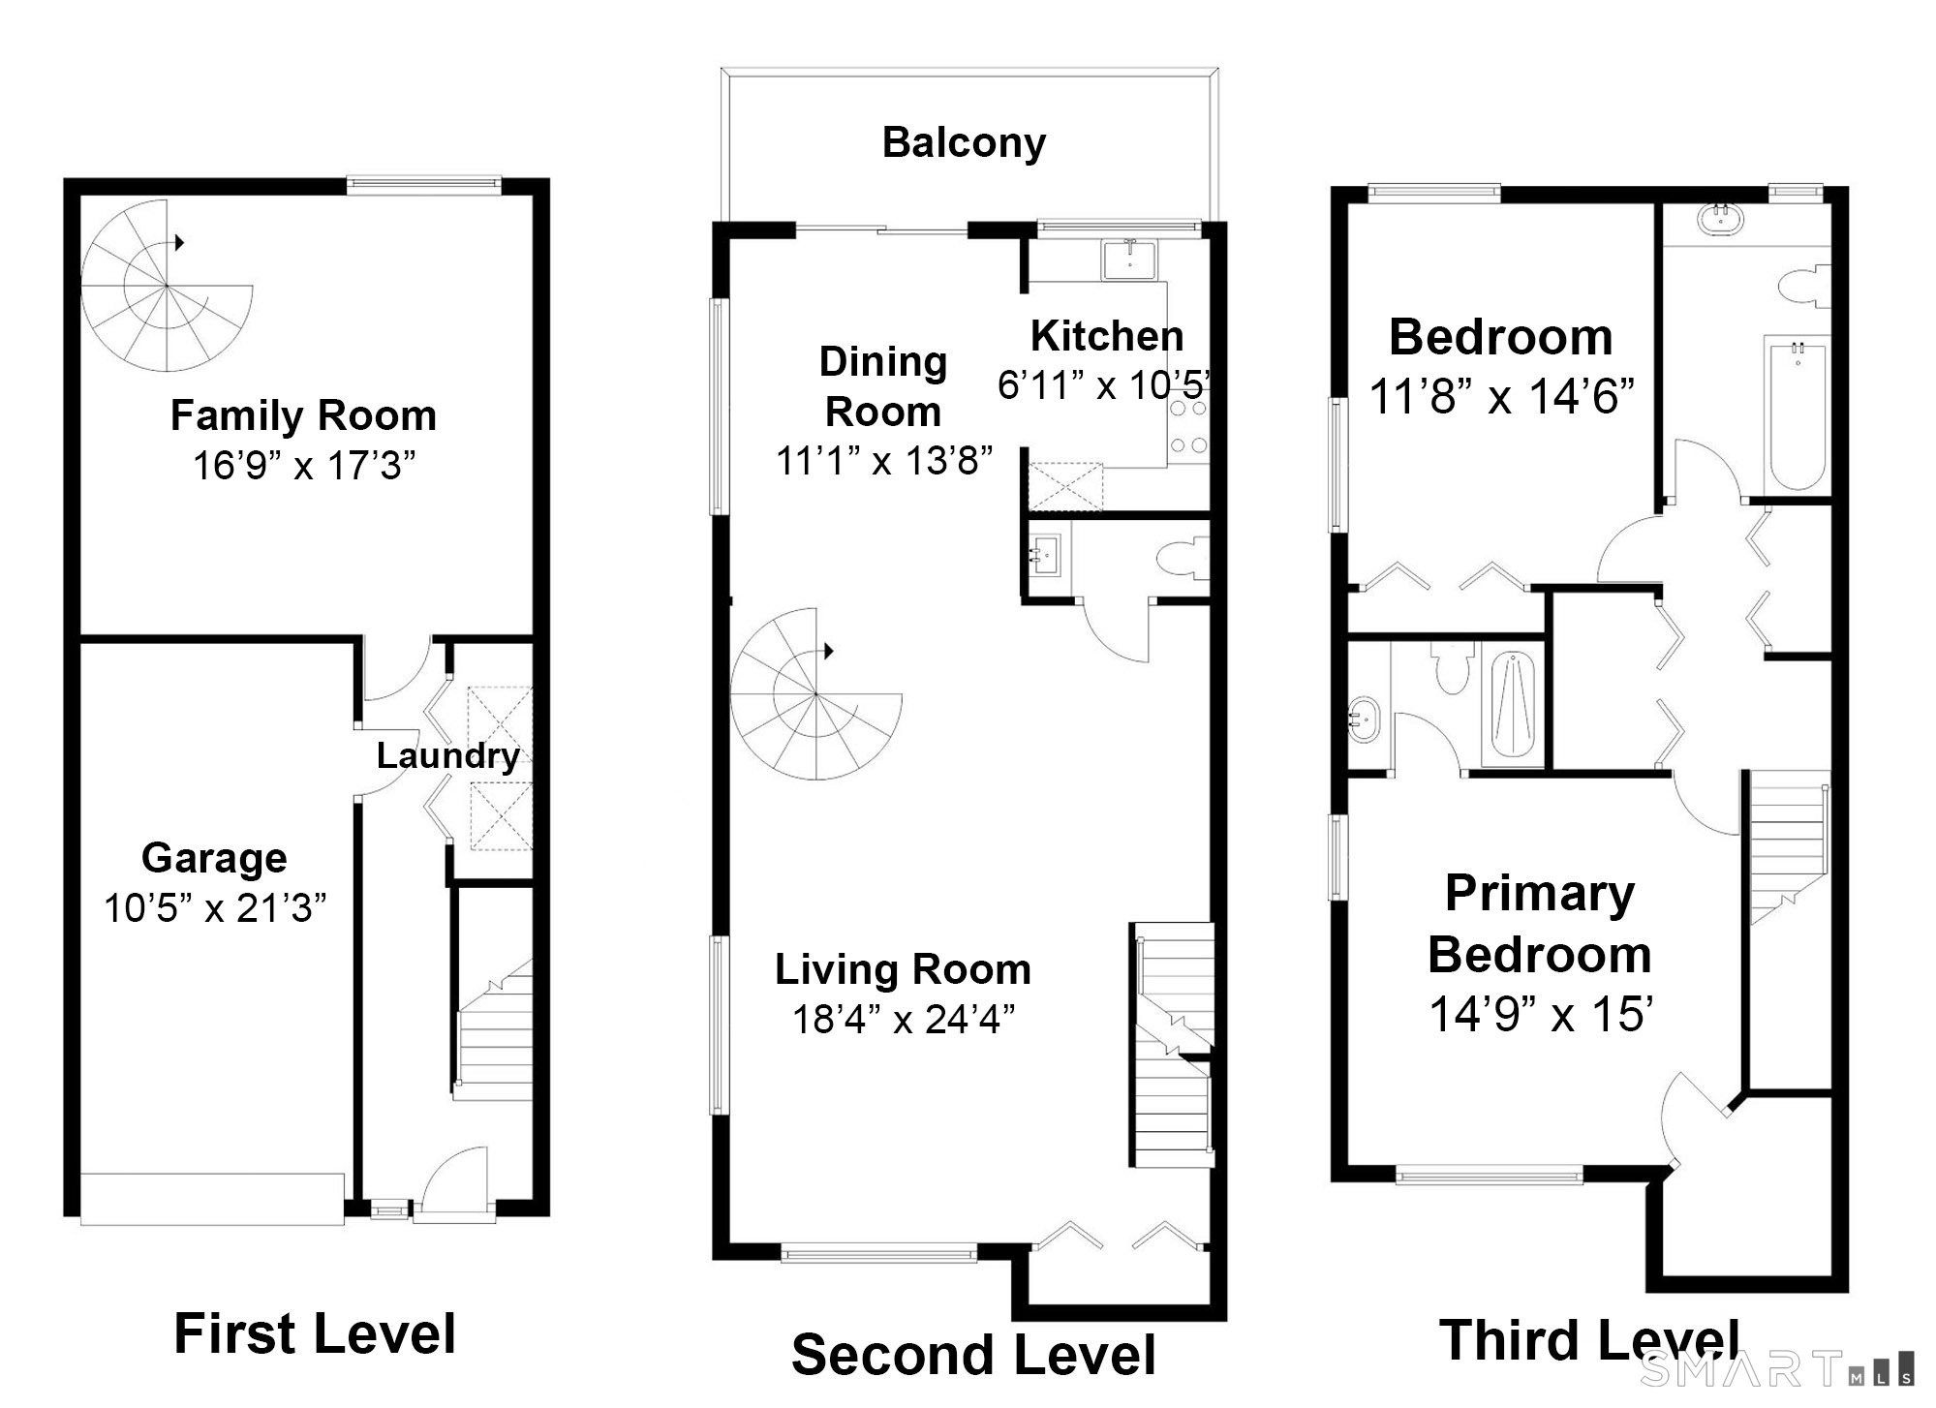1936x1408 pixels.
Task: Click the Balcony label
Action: [964, 142]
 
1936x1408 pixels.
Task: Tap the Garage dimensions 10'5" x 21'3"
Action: [215, 908]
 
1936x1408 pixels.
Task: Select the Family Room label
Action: [303, 415]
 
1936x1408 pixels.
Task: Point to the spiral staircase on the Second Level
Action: [815, 693]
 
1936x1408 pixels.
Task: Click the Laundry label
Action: [447, 755]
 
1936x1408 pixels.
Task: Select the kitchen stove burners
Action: [1188, 427]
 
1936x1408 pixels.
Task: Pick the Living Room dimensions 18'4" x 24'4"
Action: [903, 1019]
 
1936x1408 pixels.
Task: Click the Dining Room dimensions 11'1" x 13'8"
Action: [883, 461]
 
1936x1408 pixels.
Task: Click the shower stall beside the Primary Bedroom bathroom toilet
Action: [1513, 705]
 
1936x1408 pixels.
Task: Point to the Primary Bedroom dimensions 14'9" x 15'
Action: [1540, 1014]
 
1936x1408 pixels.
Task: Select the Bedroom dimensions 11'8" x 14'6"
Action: [1501, 396]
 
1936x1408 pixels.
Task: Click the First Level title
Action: [315, 1333]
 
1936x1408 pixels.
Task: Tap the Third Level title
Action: [1588, 1340]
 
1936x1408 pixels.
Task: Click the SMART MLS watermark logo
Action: [1777, 1368]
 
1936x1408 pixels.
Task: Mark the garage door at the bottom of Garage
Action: [212, 1199]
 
